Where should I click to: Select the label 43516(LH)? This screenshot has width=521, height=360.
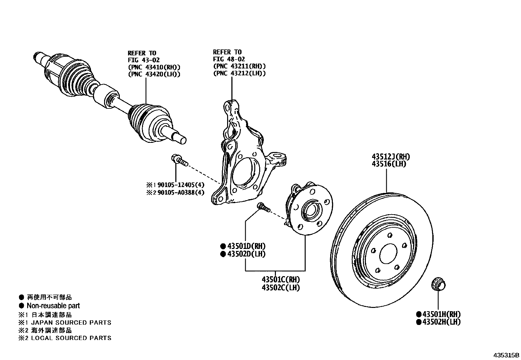(388, 164)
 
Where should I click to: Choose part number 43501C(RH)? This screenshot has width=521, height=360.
(280, 280)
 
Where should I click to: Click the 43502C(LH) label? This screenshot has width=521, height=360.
(280, 288)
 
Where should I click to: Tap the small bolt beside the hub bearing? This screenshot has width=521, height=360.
(263, 207)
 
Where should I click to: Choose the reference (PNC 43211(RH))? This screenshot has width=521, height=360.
(239, 66)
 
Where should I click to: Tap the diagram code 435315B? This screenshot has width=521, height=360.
(507, 355)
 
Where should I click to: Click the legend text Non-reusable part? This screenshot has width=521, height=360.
(53, 306)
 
